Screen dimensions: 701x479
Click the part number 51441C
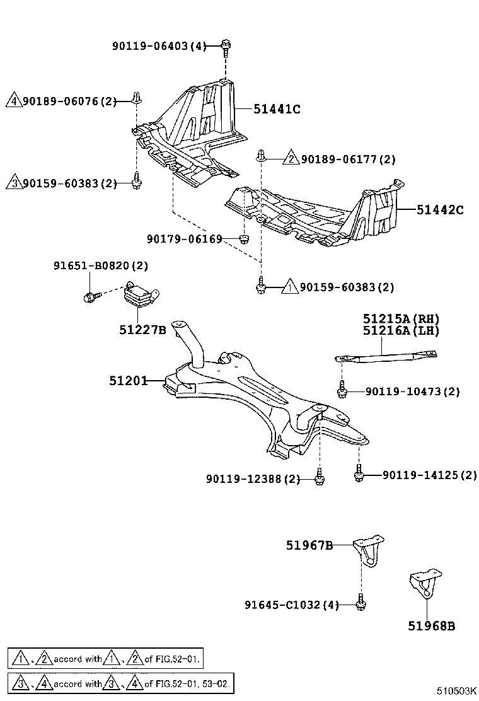point(276,108)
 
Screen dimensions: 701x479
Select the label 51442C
point(439,210)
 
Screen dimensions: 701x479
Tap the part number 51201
point(127,381)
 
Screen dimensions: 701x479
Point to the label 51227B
point(142,328)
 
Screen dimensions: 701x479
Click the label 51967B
point(308,545)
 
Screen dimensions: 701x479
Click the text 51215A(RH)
point(400,319)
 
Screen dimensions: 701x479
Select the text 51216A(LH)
point(400,330)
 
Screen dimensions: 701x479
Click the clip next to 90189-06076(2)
point(136,98)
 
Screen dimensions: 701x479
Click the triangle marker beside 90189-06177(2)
point(291,159)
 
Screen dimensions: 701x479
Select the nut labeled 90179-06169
point(245,238)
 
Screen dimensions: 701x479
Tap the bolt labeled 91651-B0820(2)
point(89,296)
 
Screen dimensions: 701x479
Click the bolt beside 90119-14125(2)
point(359,474)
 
